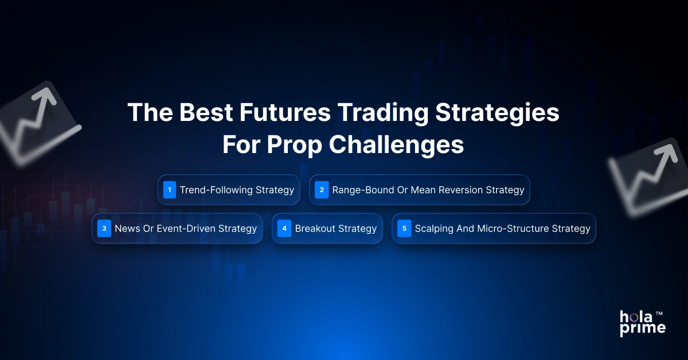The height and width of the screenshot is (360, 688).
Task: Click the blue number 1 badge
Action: (169, 190)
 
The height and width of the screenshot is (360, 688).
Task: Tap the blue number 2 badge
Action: (322, 190)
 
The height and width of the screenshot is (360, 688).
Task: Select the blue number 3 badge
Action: (104, 229)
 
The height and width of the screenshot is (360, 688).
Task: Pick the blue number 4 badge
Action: (284, 229)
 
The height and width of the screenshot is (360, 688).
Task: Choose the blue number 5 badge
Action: (404, 229)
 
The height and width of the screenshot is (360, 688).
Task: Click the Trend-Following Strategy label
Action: (237, 190)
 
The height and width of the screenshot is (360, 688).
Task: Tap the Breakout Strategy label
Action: (335, 229)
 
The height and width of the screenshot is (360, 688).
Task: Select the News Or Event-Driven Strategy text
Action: (185, 229)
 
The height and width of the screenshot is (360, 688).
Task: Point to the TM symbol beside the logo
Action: (659, 314)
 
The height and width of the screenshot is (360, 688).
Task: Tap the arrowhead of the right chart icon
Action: (666, 153)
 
